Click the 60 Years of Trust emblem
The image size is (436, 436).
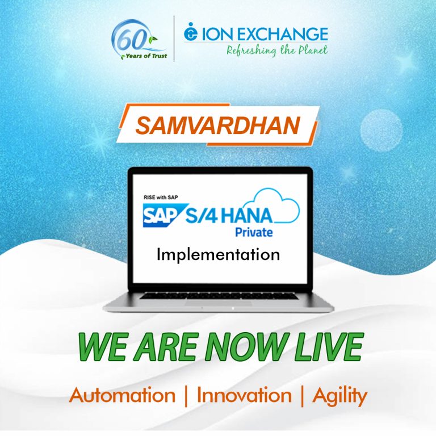139,40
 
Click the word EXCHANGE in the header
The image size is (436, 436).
282,34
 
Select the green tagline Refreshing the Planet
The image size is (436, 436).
277,51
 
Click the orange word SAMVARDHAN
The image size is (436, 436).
218,125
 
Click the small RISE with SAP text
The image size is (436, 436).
161,197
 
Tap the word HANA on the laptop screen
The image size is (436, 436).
246,216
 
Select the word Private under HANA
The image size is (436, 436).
254,232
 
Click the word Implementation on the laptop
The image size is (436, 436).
218,254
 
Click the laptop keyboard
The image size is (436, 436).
219,296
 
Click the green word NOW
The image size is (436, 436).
246,346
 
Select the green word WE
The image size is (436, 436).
102,346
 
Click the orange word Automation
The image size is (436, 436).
122,395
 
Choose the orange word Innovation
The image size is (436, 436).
244,395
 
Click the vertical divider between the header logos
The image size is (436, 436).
174,39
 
